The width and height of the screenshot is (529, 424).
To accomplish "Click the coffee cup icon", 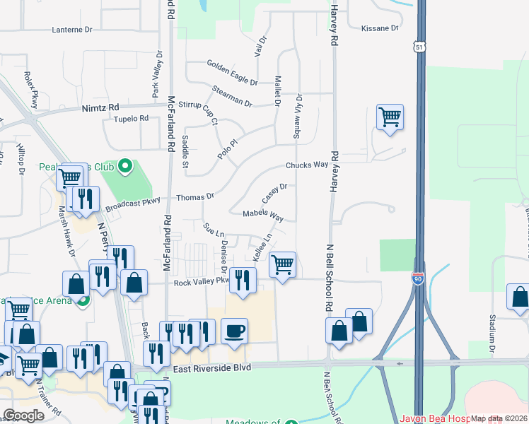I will [x=234, y=330].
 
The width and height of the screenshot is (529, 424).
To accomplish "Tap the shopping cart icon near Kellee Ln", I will [x=282, y=265].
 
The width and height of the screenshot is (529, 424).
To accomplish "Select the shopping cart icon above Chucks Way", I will [x=390, y=117].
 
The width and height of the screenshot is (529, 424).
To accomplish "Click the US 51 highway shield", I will [x=420, y=47].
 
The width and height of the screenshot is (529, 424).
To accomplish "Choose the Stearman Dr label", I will [x=232, y=97].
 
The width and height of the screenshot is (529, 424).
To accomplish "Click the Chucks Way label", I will [x=307, y=165].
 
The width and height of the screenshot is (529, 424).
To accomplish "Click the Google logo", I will [x=23, y=416].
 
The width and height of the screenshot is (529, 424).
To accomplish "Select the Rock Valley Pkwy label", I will [x=202, y=281].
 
